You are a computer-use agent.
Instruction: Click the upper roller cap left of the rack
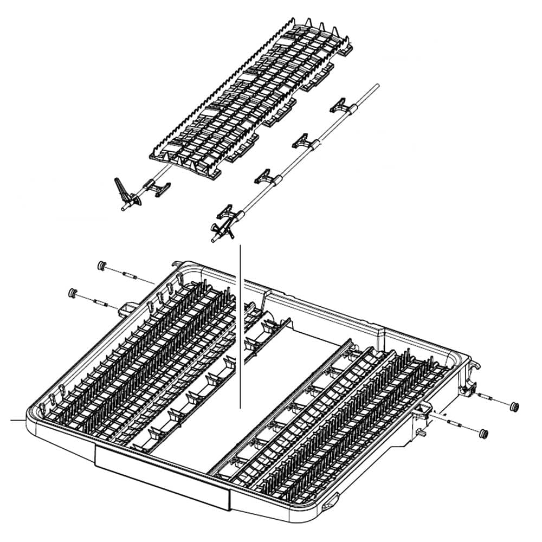tap(100, 265)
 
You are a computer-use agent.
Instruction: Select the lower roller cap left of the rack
tap(72, 293)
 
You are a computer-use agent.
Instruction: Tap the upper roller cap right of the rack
tap(514, 406)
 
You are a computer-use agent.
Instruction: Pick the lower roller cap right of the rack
tap(483, 433)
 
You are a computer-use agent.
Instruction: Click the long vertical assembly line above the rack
tap(240, 325)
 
